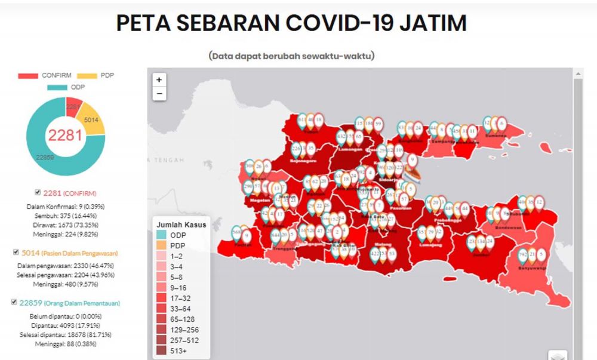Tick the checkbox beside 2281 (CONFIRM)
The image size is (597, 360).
point(38,192)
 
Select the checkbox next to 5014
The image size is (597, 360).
point(16,253)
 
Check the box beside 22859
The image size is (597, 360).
point(14,303)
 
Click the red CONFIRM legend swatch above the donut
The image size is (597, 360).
point(28,76)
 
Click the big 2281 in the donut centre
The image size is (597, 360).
point(65,136)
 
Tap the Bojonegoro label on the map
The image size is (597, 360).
point(303,161)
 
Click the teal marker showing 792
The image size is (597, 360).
point(523,254)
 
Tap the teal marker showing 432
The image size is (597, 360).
point(341,137)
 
